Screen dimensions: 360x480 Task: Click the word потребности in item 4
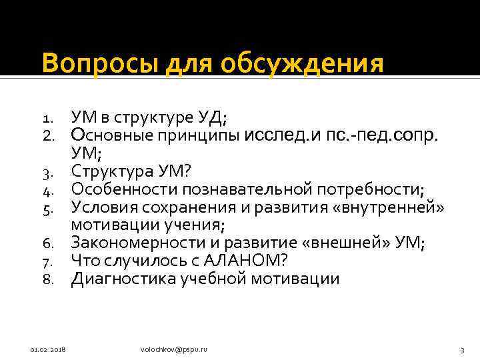click(x=367, y=189)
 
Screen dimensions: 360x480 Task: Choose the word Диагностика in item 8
click(x=124, y=278)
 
